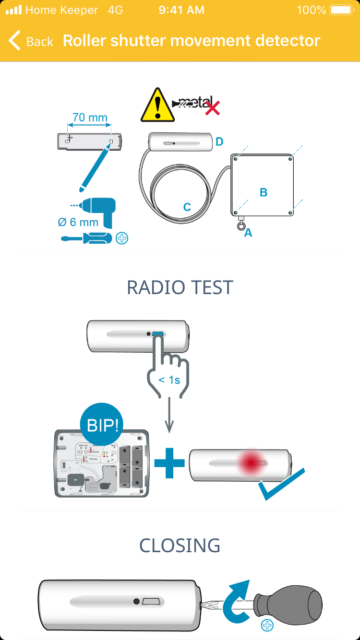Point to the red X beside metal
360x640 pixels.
click(x=212, y=108)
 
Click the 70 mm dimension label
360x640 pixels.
click(x=90, y=117)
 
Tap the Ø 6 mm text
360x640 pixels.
click(x=78, y=222)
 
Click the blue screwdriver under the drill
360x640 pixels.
click(x=87, y=238)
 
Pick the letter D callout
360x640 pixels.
click(x=219, y=142)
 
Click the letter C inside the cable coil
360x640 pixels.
click(x=187, y=207)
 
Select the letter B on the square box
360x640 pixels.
click(x=263, y=192)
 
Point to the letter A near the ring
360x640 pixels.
click(x=248, y=233)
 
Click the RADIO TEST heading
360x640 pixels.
click(x=180, y=287)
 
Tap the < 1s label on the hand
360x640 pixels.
click(x=169, y=380)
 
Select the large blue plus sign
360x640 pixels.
click(x=169, y=462)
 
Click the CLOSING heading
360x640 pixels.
click(x=180, y=545)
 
